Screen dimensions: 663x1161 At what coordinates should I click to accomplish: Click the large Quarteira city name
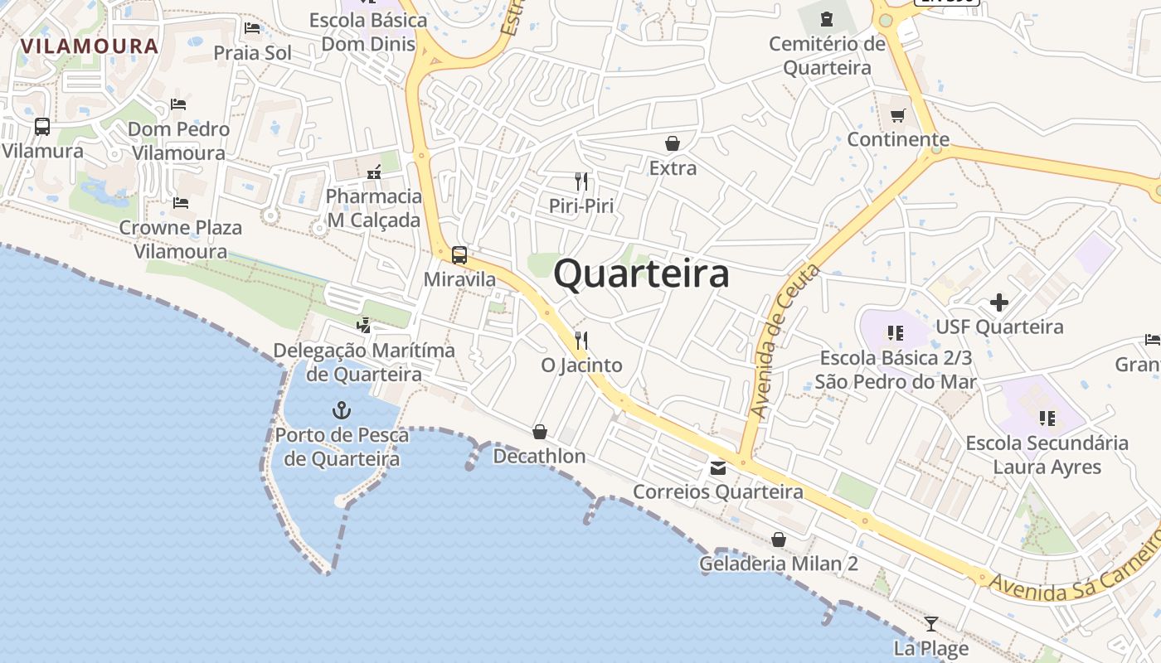(x=641, y=273)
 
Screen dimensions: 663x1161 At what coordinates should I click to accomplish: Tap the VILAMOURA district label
(x=90, y=46)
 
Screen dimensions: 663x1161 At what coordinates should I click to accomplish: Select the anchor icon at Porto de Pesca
(x=341, y=410)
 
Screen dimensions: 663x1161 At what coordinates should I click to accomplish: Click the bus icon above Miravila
(x=459, y=255)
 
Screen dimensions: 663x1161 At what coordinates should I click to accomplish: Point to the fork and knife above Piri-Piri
(x=581, y=181)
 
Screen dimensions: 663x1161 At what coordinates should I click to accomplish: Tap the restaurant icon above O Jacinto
(x=581, y=340)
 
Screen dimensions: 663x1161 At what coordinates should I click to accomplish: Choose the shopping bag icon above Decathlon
(x=539, y=432)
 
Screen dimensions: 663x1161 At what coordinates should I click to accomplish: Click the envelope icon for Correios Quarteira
(x=718, y=468)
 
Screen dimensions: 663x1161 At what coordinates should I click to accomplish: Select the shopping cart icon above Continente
(x=898, y=115)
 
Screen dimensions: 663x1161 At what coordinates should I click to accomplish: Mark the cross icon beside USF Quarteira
(x=999, y=302)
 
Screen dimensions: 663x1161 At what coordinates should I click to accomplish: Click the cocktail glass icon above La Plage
(x=931, y=623)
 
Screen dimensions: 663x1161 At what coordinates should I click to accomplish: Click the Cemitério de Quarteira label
(x=827, y=56)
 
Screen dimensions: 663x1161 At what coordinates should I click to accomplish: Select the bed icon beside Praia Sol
(x=253, y=29)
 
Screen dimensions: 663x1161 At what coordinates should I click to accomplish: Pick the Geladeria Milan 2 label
(x=778, y=564)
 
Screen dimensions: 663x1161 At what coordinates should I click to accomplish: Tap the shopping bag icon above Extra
(x=673, y=143)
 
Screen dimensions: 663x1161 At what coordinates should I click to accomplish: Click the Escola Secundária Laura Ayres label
(x=1047, y=455)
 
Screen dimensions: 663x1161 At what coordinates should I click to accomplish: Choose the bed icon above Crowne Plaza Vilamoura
(x=180, y=203)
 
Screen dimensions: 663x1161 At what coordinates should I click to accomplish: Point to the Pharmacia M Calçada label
(x=374, y=208)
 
